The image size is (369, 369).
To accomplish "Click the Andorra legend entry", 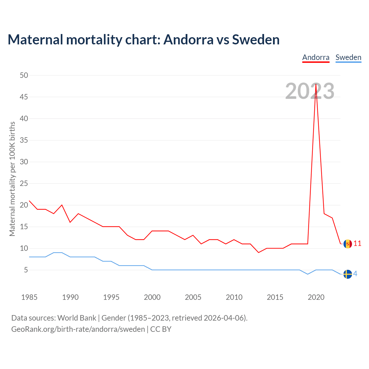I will click(316, 57).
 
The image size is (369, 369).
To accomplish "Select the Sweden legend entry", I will click(348, 57).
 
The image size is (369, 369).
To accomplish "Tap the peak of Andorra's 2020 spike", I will click(316, 84).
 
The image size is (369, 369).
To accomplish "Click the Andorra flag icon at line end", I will click(348, 244).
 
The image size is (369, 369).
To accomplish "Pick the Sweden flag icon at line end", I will click(348, 274).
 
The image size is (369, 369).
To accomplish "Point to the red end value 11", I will click(357, 244).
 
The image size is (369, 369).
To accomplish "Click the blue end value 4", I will click(355, 274).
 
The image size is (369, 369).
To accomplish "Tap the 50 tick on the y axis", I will click(24, 75).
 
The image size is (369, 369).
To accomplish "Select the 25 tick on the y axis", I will click(24, 183).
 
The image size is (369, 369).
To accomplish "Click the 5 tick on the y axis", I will click(26, 270).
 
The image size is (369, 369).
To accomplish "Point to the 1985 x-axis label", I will click(29, 297).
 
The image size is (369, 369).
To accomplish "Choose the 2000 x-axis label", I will click(152, 297).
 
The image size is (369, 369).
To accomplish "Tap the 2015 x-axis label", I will click(275, 297).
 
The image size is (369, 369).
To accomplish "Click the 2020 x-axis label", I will click(316, 297).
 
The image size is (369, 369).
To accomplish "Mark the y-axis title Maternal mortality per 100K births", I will click(12, 179).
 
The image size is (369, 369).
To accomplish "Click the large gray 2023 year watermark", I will click(310, 91).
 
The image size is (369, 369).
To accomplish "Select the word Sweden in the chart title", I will click(256, 39).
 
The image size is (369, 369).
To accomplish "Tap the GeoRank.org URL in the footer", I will click(78, 329).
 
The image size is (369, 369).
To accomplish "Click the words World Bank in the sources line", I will click(77, 318).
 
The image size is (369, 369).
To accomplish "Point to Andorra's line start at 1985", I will click(29, 201).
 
